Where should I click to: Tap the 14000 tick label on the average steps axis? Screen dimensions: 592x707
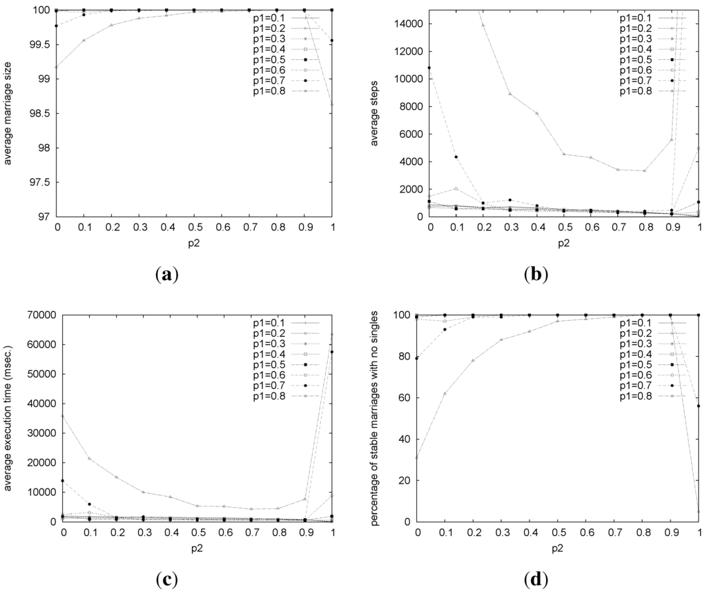tap(406, 23)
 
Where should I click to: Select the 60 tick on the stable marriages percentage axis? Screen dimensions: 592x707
tap(404, 397)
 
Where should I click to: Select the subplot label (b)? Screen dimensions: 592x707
tap(536, 275)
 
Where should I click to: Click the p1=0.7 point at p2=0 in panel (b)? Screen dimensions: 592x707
tap(429, 68)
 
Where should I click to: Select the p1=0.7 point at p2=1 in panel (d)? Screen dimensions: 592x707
tap(699, 406)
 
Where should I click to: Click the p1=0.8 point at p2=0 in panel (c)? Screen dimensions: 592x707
tap(64, 416)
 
